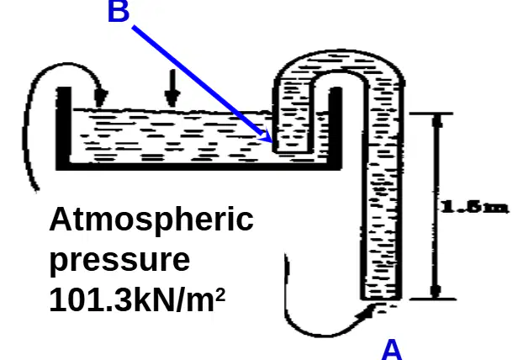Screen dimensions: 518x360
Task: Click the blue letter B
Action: [119, 11]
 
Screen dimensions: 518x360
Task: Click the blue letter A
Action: [392, 350]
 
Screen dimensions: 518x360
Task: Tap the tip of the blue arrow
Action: [272, 142]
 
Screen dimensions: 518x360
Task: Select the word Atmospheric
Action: [151, 220]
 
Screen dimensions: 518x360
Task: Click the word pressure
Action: [120, 260]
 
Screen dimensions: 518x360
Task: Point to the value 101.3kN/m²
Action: [137, 299]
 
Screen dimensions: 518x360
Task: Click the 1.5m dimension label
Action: [474, 207]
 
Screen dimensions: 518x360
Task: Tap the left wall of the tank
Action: [64, 127]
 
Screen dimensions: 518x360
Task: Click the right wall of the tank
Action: [336, 127]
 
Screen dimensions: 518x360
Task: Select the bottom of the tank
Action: [199, 167]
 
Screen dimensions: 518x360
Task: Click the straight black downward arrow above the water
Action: [172, 88]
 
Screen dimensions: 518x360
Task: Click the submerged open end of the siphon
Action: [292, 151]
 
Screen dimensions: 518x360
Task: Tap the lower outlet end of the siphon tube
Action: [381, 299]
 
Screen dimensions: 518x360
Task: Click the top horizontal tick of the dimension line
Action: [431, 114]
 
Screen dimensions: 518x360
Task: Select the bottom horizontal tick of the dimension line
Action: [433, 299]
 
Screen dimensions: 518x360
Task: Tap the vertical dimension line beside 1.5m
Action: [436, 206]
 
